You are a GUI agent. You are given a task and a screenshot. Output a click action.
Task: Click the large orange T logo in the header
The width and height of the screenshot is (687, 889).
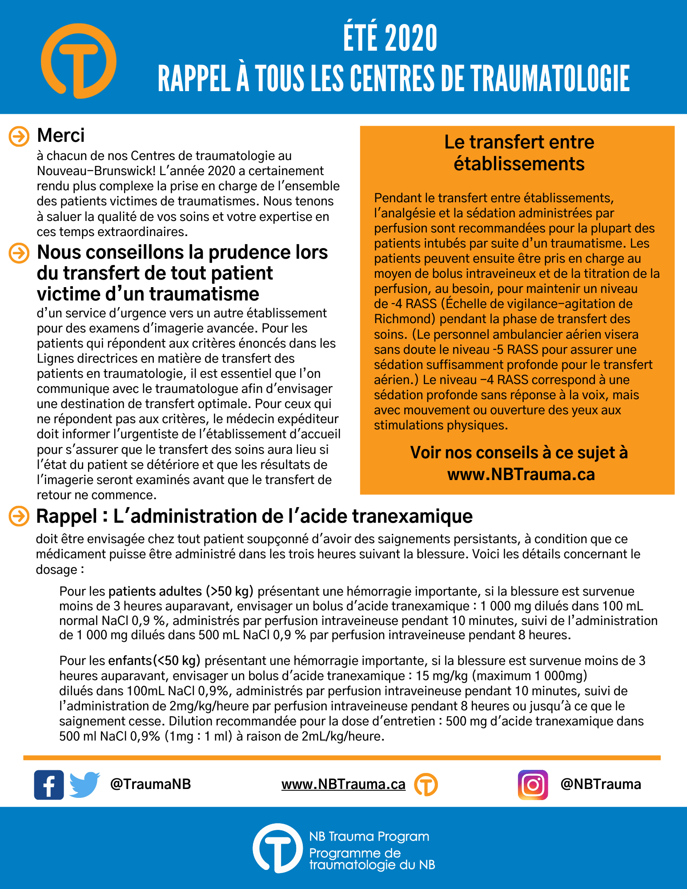[x=79, y=61]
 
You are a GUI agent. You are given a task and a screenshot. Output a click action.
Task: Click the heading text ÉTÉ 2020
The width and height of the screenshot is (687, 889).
[x=390, y=39]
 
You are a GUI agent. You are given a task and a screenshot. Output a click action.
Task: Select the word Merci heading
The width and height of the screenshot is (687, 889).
[x=61, y=136]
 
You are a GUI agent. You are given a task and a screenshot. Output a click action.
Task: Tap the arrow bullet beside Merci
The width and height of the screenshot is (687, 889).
[x=19, y=136]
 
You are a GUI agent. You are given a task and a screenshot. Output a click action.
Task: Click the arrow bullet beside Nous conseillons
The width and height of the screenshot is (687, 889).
[x=19, y=253]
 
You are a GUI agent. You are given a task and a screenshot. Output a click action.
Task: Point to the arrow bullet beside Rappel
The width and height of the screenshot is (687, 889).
[x=19, y=516]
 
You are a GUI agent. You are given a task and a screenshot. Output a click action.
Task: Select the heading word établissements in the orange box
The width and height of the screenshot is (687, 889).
[x=519, y=164]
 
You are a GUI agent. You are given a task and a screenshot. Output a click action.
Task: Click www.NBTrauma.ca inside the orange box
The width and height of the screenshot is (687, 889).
[x=521, y=475]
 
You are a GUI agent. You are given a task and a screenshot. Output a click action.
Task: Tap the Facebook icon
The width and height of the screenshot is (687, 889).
[x=49, y=785]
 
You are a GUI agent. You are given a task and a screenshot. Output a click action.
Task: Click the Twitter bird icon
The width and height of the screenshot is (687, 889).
[x=84, y=785]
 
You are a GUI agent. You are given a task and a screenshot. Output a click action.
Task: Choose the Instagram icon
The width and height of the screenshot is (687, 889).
[x=533, y=785]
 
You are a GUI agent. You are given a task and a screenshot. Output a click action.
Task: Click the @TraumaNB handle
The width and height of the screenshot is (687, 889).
[x=150, y=784]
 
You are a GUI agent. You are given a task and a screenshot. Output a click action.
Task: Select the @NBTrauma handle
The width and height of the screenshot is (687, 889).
[x=601, y=784]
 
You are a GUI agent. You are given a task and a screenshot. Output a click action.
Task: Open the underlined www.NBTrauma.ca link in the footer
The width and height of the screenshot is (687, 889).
[x=343, y=785]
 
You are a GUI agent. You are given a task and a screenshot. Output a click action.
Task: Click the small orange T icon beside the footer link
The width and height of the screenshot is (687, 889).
[x=426, y=785]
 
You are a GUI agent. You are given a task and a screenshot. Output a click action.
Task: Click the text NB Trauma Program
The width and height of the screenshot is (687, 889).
[x=369, y=837]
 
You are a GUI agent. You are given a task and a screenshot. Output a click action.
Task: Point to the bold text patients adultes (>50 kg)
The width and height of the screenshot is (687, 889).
[x=181, y=592]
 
